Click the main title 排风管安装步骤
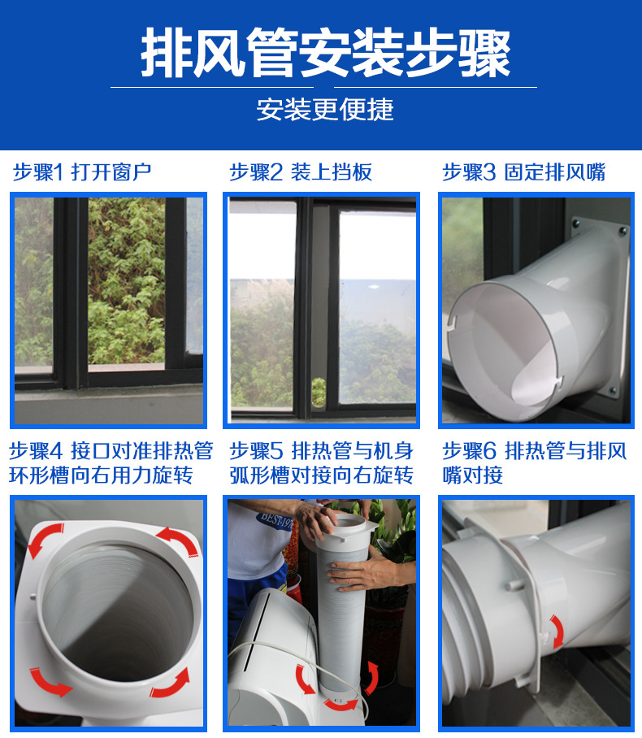pyautogui.click(x=326, y=52)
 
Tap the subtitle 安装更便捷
pyautogui.click(x=325, y=109)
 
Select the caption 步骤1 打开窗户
pyautogui.click(x=82, y=171)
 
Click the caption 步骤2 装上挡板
pyautogui.click(x=301, y=171)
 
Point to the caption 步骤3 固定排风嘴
pyautogui.click(x=523, y=171)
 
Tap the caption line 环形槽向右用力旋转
pyautogui.click(x=101, y=475)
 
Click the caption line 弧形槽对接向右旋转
pyautogui.click(x=321, y=475)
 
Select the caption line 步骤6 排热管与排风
pyautogui.click(x=534, y=451)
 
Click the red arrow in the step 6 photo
pyautogui.click(x=557, y=631)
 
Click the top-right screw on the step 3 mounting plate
pyautogui.click(x=622, y=232)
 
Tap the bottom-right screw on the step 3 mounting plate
pyautogui.click(x=613, y=390)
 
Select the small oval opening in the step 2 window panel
pyautogui.click(x=319, y=393)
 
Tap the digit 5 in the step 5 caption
pyautogui.click(x=277, y=451)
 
